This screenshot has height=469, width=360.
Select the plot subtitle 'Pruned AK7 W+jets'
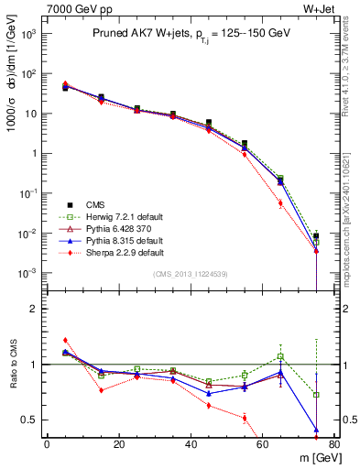[183, 34]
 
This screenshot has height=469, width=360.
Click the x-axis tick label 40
[191, 445]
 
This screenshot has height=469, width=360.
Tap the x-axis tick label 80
[334, 445]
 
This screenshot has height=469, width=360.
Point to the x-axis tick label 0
[47, 445]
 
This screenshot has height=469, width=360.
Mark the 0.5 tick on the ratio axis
[33, 420]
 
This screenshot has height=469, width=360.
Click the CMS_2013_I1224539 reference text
[190, 274]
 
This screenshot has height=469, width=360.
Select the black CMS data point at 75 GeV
[316, 236]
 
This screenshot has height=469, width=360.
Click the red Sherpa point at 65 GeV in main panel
[280, 203]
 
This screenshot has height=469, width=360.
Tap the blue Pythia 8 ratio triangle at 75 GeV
[316, 429]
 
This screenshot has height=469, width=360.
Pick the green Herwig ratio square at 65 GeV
[280, 355]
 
